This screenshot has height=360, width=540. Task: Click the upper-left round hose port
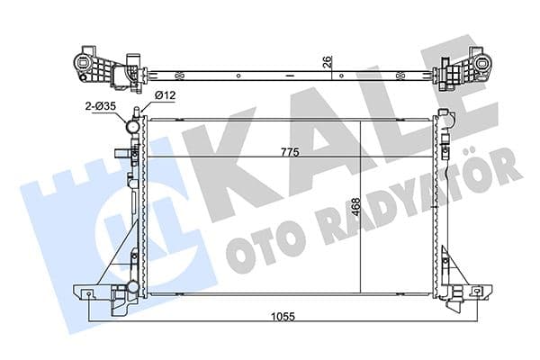[x=133, y=128]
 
